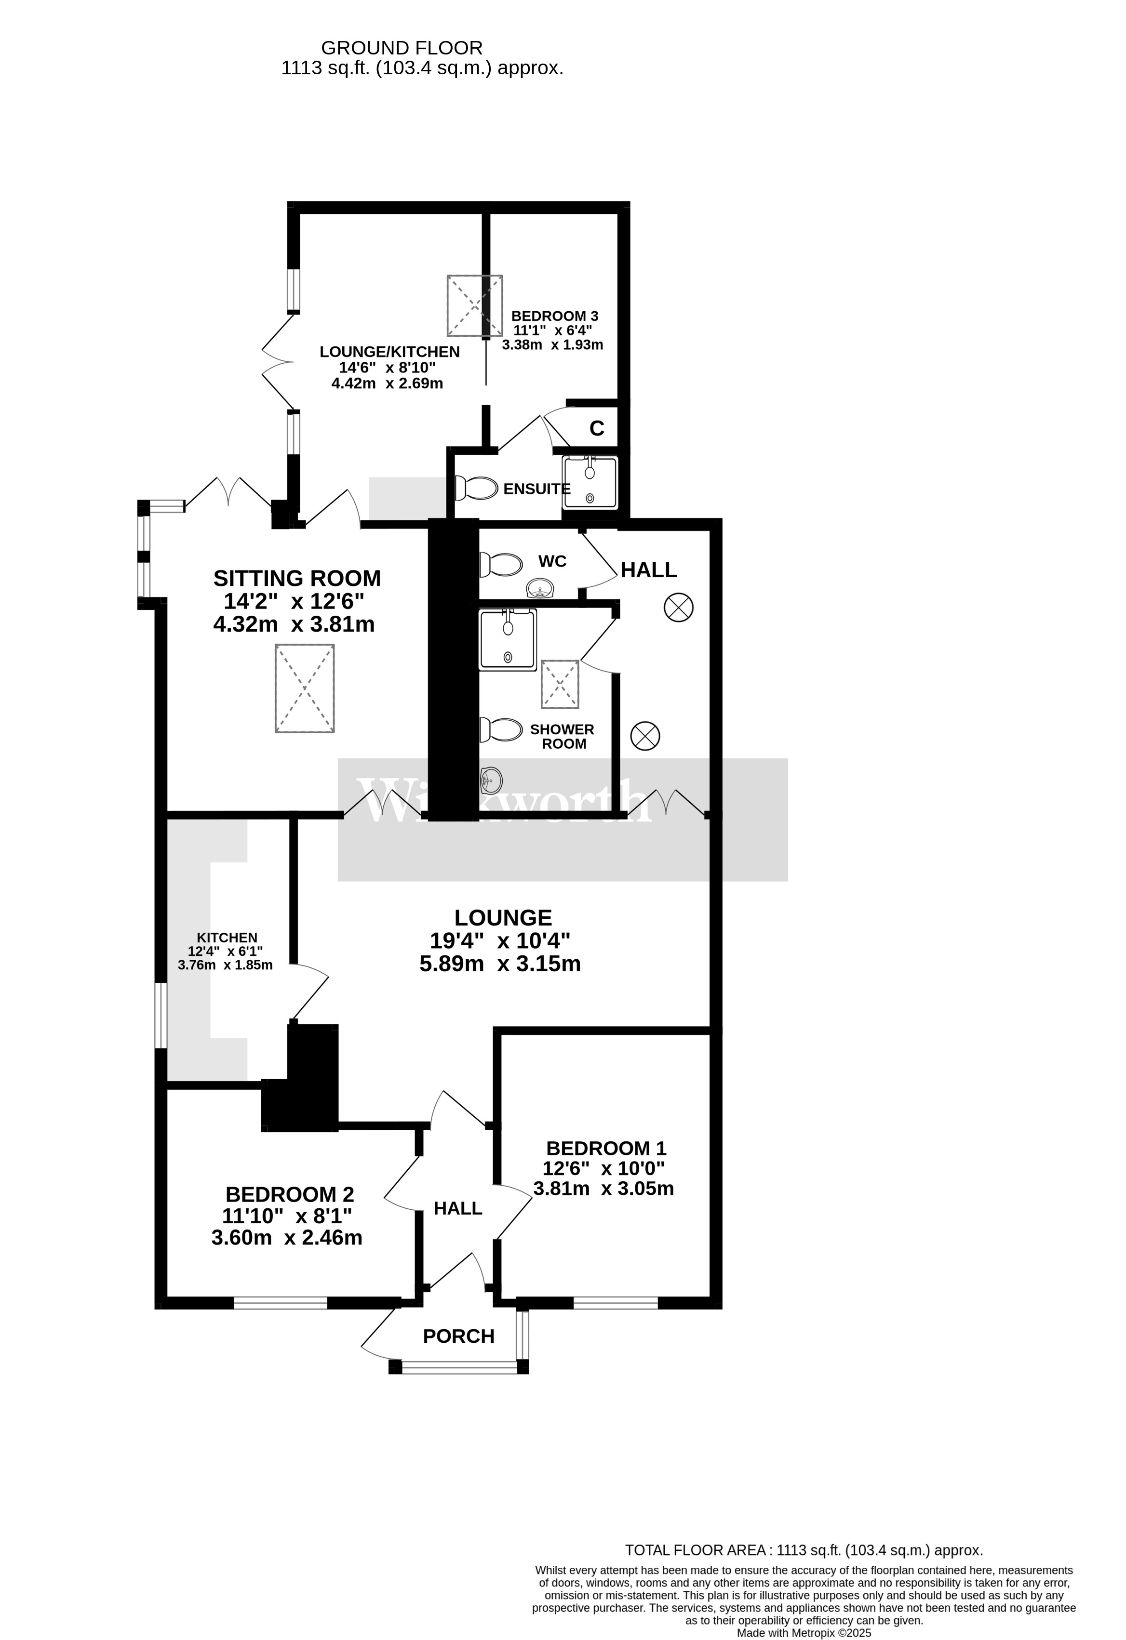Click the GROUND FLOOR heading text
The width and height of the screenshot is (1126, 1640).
click(402, 48)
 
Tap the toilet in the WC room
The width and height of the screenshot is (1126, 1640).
click(502, 565)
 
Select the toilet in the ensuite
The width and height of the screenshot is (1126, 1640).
click(477, 488)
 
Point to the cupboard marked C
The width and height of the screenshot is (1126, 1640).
click(597, 428)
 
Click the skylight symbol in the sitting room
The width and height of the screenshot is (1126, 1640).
click(304, 688)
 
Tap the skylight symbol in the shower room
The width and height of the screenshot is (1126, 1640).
click(560, 684)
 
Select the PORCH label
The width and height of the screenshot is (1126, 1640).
click(458, 1336)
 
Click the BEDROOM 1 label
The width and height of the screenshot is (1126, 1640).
click(606, 1148)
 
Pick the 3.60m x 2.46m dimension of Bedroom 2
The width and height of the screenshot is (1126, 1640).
click(287, 1237)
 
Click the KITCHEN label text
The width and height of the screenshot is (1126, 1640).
click(227, 937)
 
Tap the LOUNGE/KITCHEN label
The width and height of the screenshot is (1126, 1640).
click(389, 351)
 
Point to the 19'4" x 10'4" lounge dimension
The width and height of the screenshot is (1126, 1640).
click(500, 940)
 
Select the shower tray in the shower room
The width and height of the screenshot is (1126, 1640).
click(508, 639)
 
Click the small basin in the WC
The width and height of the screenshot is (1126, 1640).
click(541, 587)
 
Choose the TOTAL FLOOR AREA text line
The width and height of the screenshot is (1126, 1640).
click(804, 1550)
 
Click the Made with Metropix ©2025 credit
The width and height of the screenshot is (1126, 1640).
click(804, 1633)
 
